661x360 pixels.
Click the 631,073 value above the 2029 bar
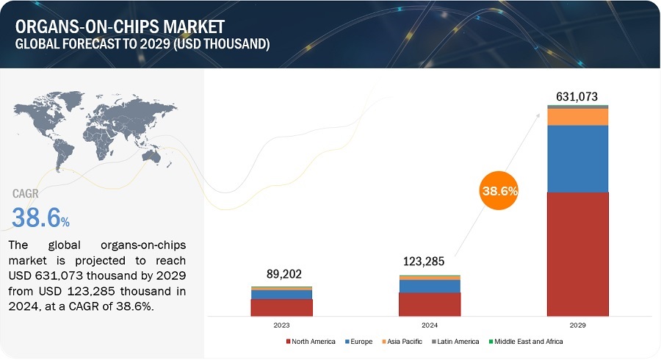click(578, 96)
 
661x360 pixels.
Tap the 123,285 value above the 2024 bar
click(430, 261)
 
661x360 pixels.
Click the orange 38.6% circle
click(499, 191)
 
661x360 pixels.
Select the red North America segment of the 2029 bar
click(578, 253)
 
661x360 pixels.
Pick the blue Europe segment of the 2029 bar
click(578, 158)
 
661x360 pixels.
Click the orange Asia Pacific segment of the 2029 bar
click(578, 117)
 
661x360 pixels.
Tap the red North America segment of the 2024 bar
click(430, 304)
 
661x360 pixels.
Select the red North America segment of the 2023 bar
click(281, 307)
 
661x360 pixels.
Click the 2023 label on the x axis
click(281, 324)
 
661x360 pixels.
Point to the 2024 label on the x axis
click(430, 324)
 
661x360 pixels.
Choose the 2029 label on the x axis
click(578, 324)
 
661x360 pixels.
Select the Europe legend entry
click(359, 342)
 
